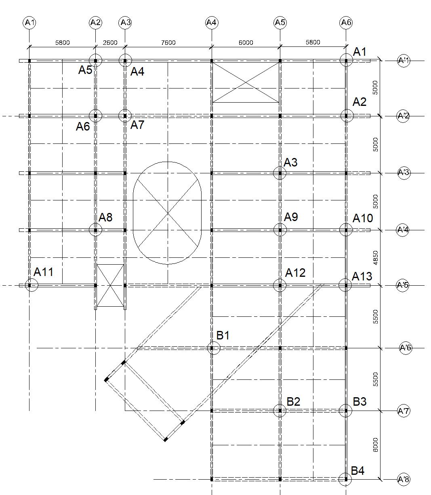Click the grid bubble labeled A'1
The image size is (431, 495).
pyautogui.click(x=404, y=61)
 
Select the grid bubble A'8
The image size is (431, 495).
pyautogui.click(x=404, y=479)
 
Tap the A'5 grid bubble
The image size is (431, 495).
pyautogui.click(x=403, y=285)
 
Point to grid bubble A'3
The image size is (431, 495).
pyautogui.click(x=403, y=173)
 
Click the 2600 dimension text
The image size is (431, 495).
pyautogui.click(x=110, y=42)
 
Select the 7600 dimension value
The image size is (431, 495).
pyautogui.click(x=168, y=42)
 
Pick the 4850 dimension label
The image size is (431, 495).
pyautogui.click(x=376, y=258)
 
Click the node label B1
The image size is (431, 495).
pyautogui.click(x=223, y=335)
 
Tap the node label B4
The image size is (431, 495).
pyautogui.click(x=357, y=471)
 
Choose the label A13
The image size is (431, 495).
pyautogui.click(x=362, y=276)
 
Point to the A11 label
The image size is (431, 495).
pyautogui.click(x=43, y=272)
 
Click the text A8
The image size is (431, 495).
pyautogui.click(x=105, y=217)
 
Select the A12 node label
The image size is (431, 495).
pyautogui.click(x=295, y=273)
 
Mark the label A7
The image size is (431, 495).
pyautogui.click(x=137, y=125)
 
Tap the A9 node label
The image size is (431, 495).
pyautogui.click(x=291, y=217)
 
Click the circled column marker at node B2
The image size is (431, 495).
pyautogui.click(x=280, y=411)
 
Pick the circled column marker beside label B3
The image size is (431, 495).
pyautogui.click(x=345, y=411)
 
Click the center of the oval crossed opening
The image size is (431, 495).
pyautogui.click(x=167, y=213)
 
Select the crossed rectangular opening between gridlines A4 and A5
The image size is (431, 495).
pyautogui.click(x=246, y=82)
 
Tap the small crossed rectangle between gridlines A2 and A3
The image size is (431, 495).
pyautogui.click(x=110, y=285)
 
